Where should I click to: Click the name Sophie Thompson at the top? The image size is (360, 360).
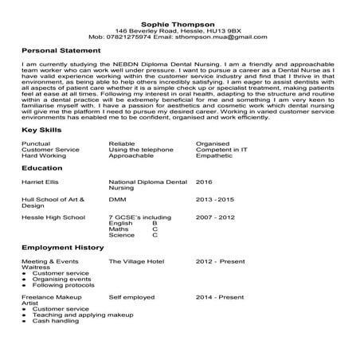tap(180, 25)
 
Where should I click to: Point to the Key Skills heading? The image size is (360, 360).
tap(40, 129)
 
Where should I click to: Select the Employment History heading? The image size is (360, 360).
tap(62, 248)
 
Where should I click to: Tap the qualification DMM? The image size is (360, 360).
tap(116, 199)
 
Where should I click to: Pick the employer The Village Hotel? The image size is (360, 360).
tap(136, 261)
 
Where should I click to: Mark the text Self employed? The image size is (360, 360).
tap(131, 296)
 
